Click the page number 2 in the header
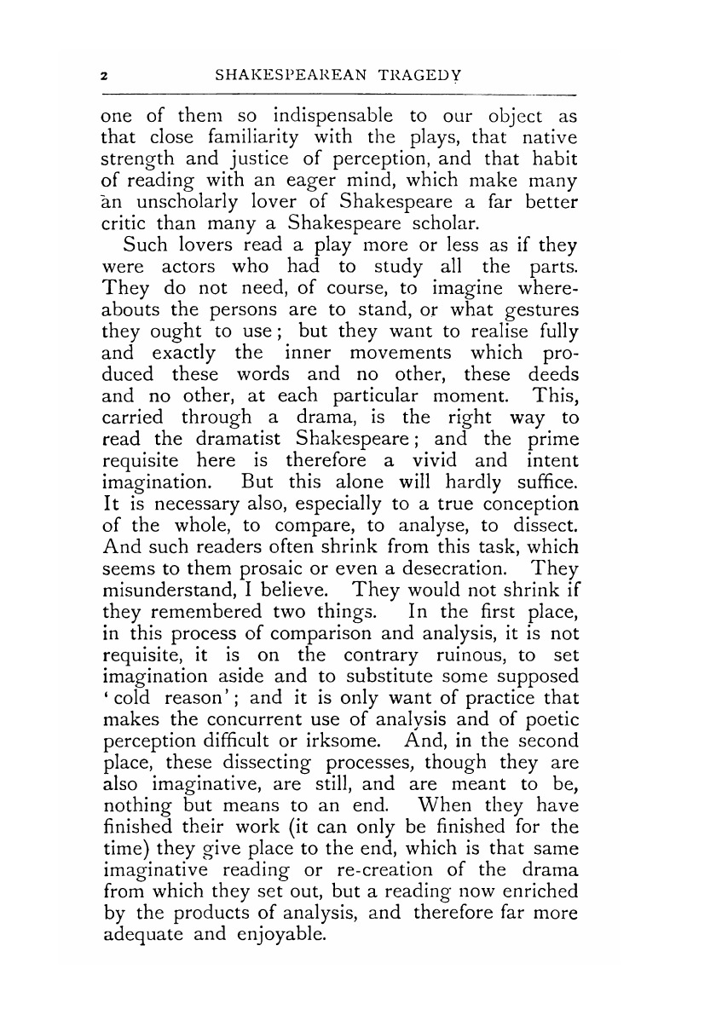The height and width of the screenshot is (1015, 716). [x=104, y=75]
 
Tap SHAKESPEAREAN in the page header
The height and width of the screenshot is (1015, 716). [x=291, y=75]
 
